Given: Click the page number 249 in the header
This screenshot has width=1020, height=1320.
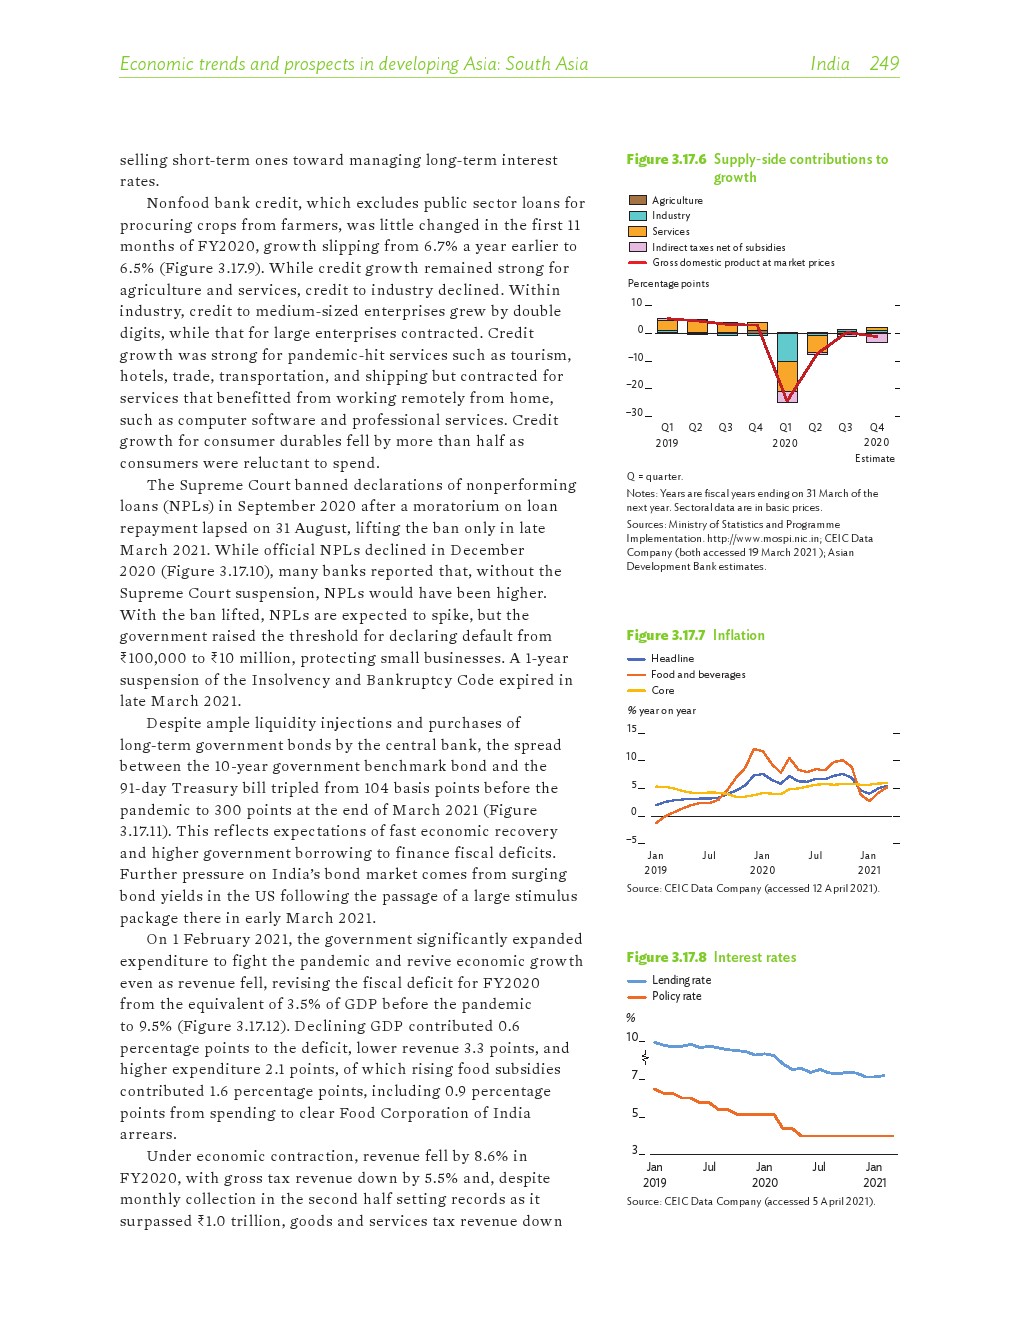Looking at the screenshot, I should [884, 64].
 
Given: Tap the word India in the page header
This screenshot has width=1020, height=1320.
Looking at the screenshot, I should [830, 64].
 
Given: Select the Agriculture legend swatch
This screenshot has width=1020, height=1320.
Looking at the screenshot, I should [637, 200].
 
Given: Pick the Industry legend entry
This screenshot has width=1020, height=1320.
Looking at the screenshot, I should [671, 216].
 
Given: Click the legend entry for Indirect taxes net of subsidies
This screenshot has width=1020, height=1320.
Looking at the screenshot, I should [718, 247].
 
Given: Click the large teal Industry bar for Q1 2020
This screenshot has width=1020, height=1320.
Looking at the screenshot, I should [787, 347].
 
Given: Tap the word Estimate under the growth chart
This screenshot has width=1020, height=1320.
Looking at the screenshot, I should [875, 458].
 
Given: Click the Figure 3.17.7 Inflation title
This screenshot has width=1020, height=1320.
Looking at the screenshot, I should [695, 635].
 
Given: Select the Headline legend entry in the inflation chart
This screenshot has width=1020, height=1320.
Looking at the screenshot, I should [672, 658].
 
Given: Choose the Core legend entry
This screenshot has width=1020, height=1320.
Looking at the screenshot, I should [662, 690].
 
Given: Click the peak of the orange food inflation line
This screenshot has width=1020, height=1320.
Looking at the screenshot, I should [756, 749].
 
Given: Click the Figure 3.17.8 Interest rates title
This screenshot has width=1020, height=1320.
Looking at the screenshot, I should [711, 957].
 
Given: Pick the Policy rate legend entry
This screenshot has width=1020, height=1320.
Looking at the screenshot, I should [676, 996].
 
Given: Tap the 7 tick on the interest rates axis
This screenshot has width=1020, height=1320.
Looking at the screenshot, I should [635, 1075].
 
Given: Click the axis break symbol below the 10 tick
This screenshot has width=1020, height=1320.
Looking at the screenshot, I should [645, 1056].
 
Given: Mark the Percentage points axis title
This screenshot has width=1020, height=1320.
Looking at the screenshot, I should [668, 284].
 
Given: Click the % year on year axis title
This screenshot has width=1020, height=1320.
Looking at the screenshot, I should [661, 710].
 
